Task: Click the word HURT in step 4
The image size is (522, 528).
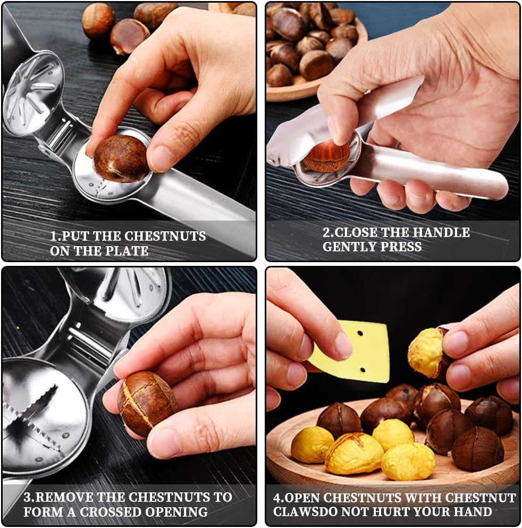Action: click(401, 512)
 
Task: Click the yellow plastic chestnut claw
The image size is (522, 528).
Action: click(350, 352)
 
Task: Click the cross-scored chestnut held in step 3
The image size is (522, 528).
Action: click(147, 403)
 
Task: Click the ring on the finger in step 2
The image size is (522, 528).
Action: click(399, 145)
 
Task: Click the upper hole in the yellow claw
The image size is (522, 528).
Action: click(360, 334)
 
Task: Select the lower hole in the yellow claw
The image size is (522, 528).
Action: click(363, 370)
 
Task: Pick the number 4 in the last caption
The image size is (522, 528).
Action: click(276, 498)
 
